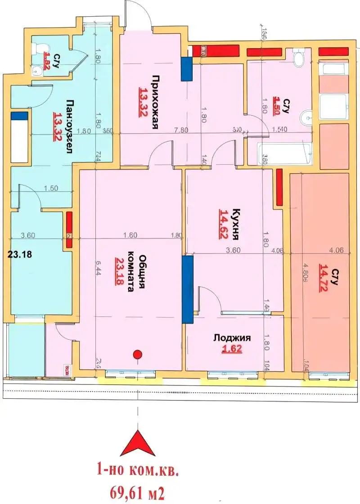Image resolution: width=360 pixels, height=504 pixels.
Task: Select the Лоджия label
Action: [232, 338]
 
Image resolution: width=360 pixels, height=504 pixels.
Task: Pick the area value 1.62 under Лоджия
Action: [232, 349]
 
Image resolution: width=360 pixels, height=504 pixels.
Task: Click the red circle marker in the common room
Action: [138, 354]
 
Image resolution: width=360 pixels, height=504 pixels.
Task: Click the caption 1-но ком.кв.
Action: [138, 471]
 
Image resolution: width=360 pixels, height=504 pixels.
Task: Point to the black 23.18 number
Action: [20, 254]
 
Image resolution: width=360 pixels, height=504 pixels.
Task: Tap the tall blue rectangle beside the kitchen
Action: [187, 289]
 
